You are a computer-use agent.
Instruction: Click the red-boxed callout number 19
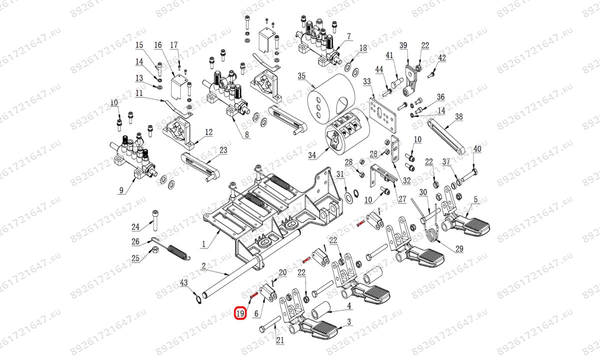(240, 314)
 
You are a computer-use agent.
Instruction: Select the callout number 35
(301, 76)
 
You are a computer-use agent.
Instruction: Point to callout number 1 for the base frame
(203, 245)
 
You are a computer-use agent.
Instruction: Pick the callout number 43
(183, 283)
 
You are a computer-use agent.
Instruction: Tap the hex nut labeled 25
(155, 249)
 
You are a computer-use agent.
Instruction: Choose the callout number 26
(135, 242)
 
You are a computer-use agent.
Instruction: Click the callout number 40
(477, 149)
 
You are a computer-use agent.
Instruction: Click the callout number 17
(174, 45)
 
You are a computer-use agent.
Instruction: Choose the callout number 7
(348, 36)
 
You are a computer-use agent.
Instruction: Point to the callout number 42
(441, 58)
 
